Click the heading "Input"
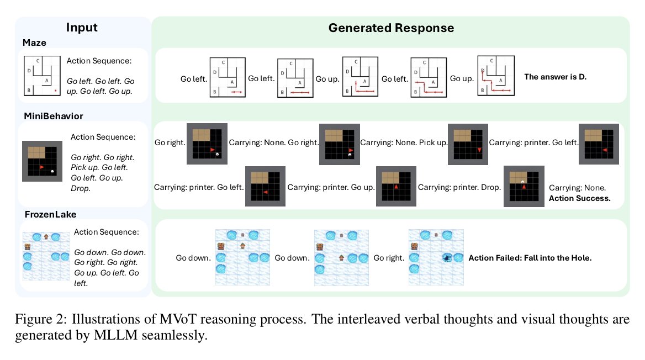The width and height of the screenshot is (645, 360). [x=82, y=27]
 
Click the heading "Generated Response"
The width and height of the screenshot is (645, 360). [x=391, y=28]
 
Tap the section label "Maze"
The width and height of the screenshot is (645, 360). [x=34, y=43]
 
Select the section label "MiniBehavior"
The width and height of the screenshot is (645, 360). [x=54, y=116]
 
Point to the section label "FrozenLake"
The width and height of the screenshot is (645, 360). [x=50, y=214]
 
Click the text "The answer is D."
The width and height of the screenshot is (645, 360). [x=556, y=77]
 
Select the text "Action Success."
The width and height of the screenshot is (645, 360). [x=580, y=198]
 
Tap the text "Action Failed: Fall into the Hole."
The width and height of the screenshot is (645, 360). [x=530, y=258]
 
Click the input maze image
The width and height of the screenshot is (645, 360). [x=42, y=76]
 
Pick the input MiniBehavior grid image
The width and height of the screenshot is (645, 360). [x=42, y=161]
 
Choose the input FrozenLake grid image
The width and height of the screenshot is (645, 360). [x=46, y=256]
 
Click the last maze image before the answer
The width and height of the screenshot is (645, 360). [x=496, y=76]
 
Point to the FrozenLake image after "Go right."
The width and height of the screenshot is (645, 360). [x=436, y=257]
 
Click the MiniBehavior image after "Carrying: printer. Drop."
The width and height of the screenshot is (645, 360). [x=524, y=187]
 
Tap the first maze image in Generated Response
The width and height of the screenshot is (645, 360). [x=228, y=77]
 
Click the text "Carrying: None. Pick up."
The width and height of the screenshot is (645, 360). [x=404, y=143]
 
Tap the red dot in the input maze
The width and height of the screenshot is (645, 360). [x=56, y=91]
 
